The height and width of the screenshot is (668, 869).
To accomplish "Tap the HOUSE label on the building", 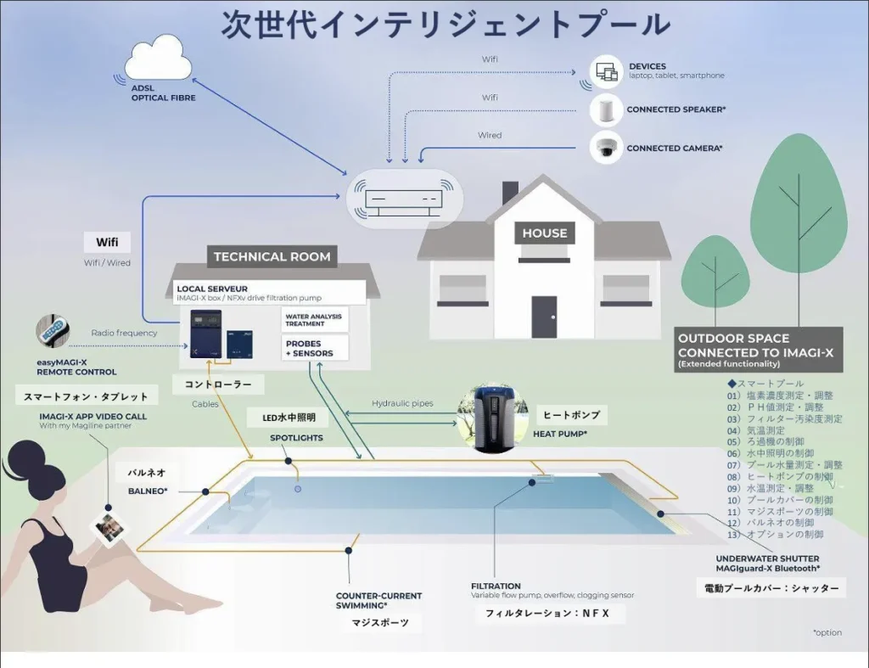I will pos(544,233).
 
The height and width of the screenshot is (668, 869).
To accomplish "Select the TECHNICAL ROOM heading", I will pos(272,256).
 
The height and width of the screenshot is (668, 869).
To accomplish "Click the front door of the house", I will pos(544,317).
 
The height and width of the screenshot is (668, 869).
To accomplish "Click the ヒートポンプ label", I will pos(571,415).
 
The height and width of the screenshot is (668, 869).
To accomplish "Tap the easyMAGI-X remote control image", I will pos(53,333).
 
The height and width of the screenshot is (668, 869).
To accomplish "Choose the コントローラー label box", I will pos(218,385).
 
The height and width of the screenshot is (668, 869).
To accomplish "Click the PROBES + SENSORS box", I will pos(314,348).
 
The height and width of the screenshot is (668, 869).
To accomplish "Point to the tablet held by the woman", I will pos(109,528).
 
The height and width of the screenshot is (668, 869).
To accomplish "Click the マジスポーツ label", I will pos(380,623).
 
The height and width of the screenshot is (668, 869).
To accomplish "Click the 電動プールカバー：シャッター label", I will pos(771,588).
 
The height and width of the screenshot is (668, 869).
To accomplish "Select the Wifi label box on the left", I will pos(107,242).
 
